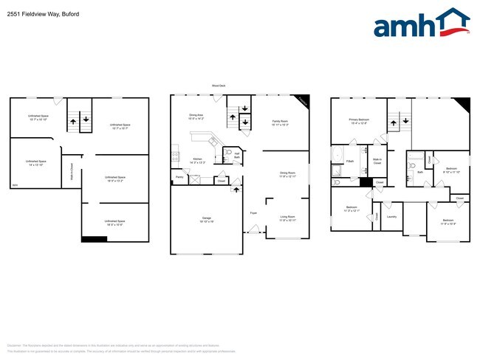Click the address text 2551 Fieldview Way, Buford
pos(38,14)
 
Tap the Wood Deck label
pos(219,86)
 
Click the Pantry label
pos(179,177)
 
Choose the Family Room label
pos(281,122)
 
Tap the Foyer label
pos(253,212)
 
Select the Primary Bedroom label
pos(359,121)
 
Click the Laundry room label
pos(391,217)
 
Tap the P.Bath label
pos(350,160)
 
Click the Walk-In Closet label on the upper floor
pos(377,160)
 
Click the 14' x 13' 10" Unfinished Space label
pos(36,163)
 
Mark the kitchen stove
pos(175,156)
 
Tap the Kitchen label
pos(198,160)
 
